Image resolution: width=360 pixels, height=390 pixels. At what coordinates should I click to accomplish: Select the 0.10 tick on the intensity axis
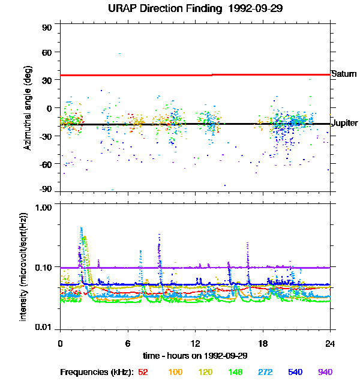[x=44, y=267]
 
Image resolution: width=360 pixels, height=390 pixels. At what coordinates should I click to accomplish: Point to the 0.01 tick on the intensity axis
[x=44, y=327]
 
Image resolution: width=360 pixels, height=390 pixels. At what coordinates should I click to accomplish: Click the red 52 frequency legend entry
[x=143, y=372]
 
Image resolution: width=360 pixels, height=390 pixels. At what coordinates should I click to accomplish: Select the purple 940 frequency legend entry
[x=325, y=372]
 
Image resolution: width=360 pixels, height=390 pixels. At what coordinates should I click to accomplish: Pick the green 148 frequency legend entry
[x=235, y=372]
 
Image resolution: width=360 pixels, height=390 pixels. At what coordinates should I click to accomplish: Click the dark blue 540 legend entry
[x=295, y=372]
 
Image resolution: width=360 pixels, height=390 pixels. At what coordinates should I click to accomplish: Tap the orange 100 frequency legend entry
[x=175, y=372]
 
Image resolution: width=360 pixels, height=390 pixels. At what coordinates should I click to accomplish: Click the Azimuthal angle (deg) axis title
[x=28, y=109]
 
